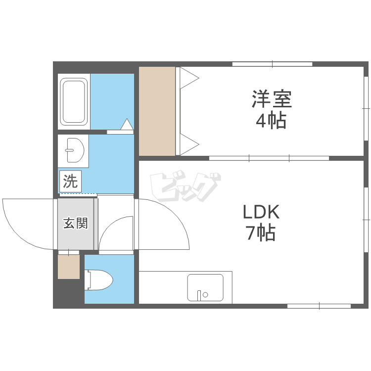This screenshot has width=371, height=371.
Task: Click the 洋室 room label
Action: (x=272, y=99)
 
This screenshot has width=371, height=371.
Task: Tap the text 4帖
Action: (x=271, y=121)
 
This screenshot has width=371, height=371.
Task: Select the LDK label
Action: (x=262, y=212)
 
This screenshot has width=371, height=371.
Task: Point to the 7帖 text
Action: (x=261, y=233)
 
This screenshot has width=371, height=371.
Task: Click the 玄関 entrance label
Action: (x=76, y=224)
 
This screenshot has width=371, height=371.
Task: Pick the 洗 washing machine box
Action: (x=70, y=181)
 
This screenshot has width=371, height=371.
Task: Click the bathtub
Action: (x=74, y=102)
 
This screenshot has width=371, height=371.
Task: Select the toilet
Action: (x=98, y=279)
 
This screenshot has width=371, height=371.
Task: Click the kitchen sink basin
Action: (x=205, y=287)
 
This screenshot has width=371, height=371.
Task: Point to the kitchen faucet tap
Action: (x=199, y=295)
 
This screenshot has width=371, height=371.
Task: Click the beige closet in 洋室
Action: (x=157, y=111)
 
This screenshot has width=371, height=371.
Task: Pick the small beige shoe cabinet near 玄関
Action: (x=69, y=267)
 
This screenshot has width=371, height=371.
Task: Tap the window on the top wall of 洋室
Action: (x=273, y=64)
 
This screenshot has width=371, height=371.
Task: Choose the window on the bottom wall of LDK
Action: (x=319, y=306)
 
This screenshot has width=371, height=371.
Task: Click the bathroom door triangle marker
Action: (x=127, y=124)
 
